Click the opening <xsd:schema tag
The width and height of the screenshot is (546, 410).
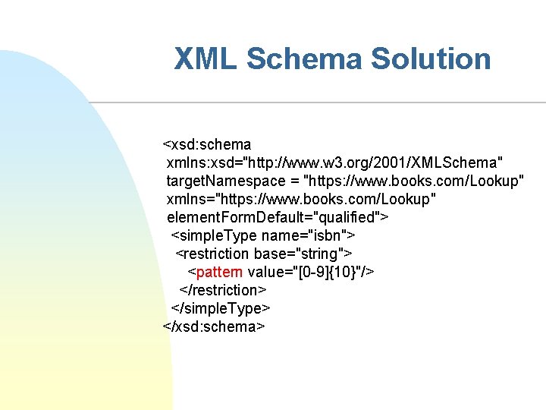207,144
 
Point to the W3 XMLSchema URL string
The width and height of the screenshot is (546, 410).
392,162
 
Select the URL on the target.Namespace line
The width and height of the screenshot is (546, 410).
413,181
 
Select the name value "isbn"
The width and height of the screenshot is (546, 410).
325,235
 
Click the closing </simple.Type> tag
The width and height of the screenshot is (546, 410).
221,308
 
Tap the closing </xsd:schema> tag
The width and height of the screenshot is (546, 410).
214,326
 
